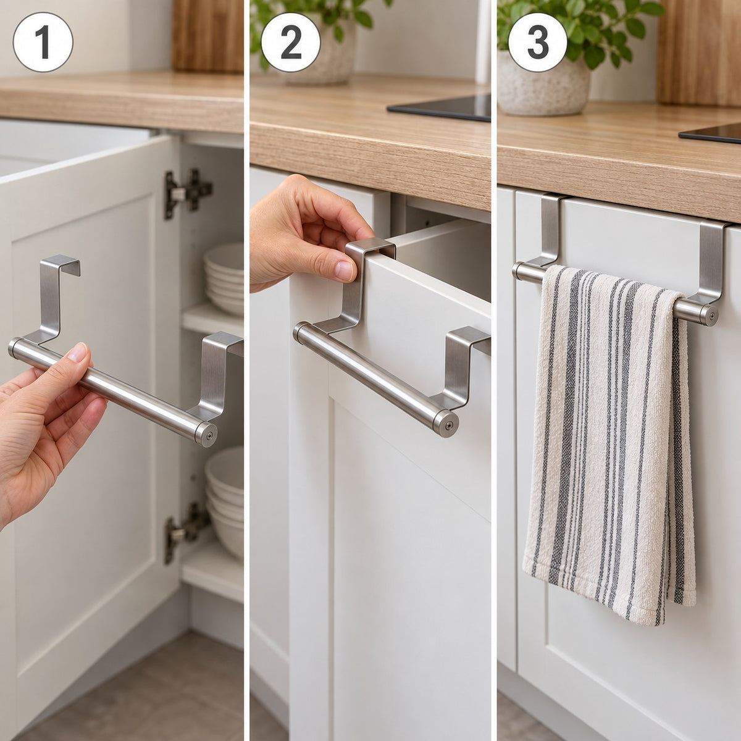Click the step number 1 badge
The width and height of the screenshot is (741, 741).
[43, 43]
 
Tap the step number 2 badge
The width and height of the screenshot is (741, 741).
[291, 43]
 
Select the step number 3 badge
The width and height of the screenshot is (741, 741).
[538, 43]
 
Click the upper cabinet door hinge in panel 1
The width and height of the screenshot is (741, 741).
[187, 193]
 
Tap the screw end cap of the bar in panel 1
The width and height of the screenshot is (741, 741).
[206, 434]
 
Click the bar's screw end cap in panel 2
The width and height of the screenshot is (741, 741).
[446, 424]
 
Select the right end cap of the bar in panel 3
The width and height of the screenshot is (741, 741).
[708, 316]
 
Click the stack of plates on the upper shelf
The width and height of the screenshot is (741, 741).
[224, 278]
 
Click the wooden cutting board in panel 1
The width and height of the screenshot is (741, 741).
[207, 36]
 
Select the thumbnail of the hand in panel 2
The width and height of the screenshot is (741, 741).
[343, 270]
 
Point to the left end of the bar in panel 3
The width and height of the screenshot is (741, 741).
[519, 272]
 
